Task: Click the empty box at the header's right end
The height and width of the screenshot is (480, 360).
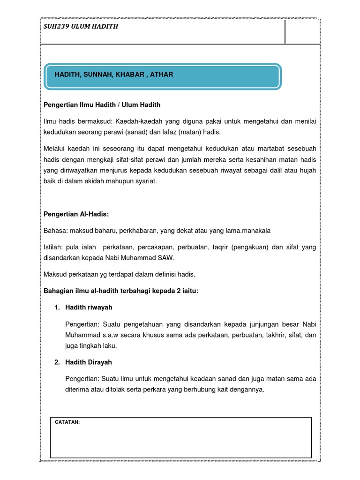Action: [x=302, y=32]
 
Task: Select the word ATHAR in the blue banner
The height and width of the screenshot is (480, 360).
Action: [x=161, y=75]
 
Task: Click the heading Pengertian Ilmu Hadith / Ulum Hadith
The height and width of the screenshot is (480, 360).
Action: [x=102, y=105]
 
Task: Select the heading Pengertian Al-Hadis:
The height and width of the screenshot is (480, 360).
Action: [x=76, y=214]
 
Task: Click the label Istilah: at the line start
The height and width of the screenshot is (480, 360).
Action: [x=54, y=247]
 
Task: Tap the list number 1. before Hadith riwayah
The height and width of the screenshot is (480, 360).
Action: [x=57, y=307]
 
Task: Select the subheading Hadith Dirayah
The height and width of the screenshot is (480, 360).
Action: [x=89, y=362]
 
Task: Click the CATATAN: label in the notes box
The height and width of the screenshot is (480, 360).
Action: [x=67, y=422]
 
